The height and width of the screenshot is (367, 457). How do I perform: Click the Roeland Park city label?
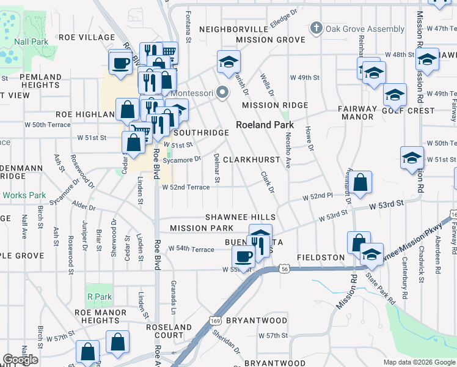click(266, 125)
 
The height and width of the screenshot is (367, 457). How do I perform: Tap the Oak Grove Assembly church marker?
click(316, 28)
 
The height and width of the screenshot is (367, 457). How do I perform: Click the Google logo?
click(20, 359)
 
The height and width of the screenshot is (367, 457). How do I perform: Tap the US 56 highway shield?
click(285, 268)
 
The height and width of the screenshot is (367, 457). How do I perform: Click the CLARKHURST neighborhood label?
click(251, 159)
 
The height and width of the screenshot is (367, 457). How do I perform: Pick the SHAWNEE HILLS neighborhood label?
click(240, 217)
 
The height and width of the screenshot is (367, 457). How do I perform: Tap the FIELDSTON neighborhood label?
click(321, 258)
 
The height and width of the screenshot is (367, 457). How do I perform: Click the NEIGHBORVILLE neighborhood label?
click(233, 29)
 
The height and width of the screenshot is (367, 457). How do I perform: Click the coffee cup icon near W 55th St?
click(244, 258)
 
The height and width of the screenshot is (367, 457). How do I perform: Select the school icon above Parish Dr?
click(229, 61)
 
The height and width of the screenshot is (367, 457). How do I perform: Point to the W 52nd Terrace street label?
click(186, 187)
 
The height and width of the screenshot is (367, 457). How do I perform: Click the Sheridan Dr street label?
click(226, 341)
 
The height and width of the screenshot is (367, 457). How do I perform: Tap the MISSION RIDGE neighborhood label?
click(274, 105)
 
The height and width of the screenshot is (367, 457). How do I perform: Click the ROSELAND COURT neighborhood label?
click(169, 332)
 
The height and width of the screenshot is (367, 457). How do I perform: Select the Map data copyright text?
click(419, 361)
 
